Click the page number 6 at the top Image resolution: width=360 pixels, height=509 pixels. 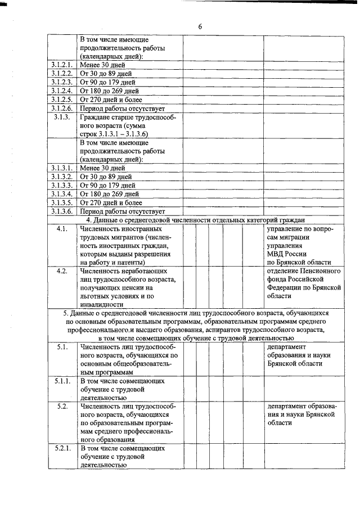(x=200, y=27)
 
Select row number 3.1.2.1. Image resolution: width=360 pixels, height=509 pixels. (x=62, y=65)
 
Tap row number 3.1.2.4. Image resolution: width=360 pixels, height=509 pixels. (x=62, y=90)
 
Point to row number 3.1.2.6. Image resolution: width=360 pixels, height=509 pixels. (x=62, y=107)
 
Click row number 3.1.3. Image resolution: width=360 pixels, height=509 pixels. (x=62, y=117)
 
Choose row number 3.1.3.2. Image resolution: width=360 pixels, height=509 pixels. (x=62, y=177)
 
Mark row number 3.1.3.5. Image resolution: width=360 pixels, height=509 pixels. (x=62, y=202)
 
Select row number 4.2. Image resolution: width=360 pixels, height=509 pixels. (x=62, y=271)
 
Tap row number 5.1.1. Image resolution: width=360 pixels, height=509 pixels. (x=62, y=381)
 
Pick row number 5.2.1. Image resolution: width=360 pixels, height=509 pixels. (x=62, y=448)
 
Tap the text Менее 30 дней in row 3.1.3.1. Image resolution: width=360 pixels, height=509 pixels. (x=102, y=168)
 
